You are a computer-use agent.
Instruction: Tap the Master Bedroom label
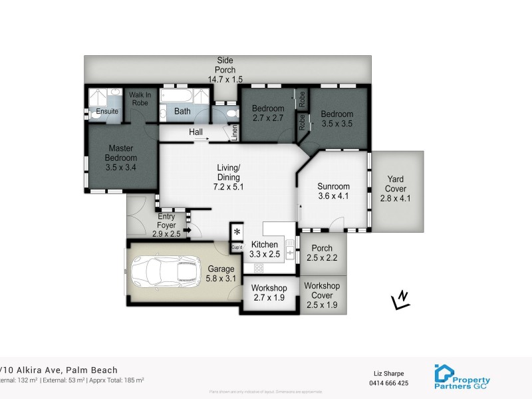(120, 163)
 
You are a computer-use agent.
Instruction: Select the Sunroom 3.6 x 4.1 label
(334, 191)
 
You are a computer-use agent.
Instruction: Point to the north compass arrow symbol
(400, 300)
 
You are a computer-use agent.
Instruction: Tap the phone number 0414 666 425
(387, 383)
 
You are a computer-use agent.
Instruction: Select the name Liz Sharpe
(387, 373)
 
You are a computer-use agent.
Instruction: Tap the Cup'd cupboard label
(237, 248)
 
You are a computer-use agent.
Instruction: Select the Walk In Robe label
(140, 99)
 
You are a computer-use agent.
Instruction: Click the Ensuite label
(106, 111)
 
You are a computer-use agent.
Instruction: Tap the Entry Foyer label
(166, 225)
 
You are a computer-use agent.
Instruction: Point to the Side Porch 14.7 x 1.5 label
(225, 69)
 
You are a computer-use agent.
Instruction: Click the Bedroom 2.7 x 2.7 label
(269, 113)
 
